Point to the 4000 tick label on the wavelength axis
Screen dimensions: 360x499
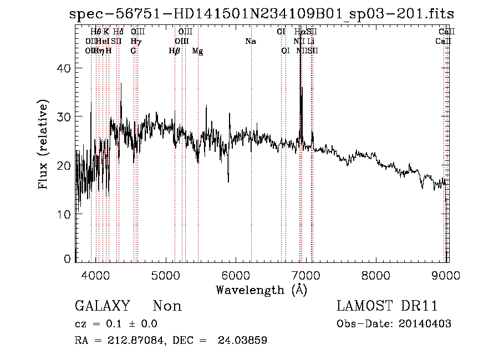click(x=96, y=275)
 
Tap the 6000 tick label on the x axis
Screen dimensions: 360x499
click(x=237, y=275)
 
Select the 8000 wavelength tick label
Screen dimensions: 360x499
click(x=376, y=275)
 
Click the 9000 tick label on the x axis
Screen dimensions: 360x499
click(x=446, y=275)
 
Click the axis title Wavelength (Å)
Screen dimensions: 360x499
click(x=261, y=290)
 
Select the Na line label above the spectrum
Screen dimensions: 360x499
click(x=251, y=42)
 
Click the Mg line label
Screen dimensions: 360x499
click(x=197, y=51)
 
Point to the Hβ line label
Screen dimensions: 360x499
click(x=175, y=51)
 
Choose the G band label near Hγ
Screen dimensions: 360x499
click(x=133, y=51)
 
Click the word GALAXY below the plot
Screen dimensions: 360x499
click(x=102, y=306)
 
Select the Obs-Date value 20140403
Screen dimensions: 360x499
click(x=426, y=324)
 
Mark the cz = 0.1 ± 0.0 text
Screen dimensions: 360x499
click(x=116, y=324)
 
